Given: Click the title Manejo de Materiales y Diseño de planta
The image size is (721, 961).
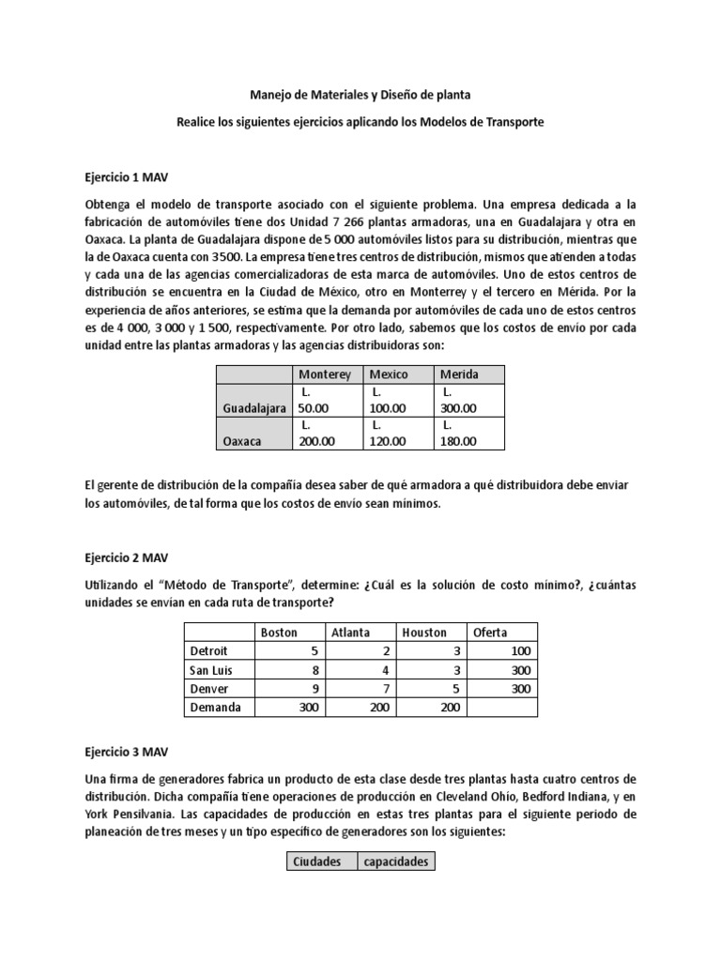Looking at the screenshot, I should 360,95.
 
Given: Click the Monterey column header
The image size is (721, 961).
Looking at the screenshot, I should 324,374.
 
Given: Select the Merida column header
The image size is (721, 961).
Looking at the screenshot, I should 459,374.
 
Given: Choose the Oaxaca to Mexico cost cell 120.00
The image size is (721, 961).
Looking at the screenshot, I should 388,441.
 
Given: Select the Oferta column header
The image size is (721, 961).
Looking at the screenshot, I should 490,632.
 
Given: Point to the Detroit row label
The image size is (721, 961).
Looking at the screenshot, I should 208,650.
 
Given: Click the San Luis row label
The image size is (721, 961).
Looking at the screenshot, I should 211,670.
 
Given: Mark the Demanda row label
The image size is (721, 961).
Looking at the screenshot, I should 215,708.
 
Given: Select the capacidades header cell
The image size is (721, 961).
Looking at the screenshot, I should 395,861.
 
